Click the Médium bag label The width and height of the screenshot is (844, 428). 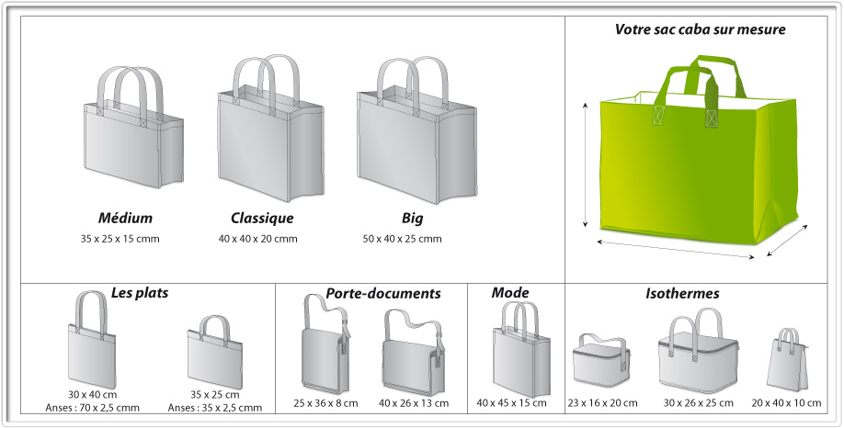click(125, 219)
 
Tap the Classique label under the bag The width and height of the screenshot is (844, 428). click(262, 219)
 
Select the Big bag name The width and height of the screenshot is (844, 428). click(412, 219)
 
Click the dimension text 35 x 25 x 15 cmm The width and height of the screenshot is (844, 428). click(120, 239)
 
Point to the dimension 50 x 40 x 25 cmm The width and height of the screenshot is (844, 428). click(402, 239)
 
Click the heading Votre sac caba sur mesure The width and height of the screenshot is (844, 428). click(700, 29)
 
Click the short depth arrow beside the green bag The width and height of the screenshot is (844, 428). click(788, 240)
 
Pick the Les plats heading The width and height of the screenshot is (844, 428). click(140, 292)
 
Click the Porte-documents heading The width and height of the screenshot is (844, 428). click(383, 293)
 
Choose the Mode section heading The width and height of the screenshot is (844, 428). click(510, 292)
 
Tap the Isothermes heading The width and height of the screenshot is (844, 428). click(682, 294)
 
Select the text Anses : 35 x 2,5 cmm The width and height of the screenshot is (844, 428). click(215, 408)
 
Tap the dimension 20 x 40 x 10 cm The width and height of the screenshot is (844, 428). click(786, 402)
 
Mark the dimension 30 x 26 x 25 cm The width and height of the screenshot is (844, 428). click(698, 402)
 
